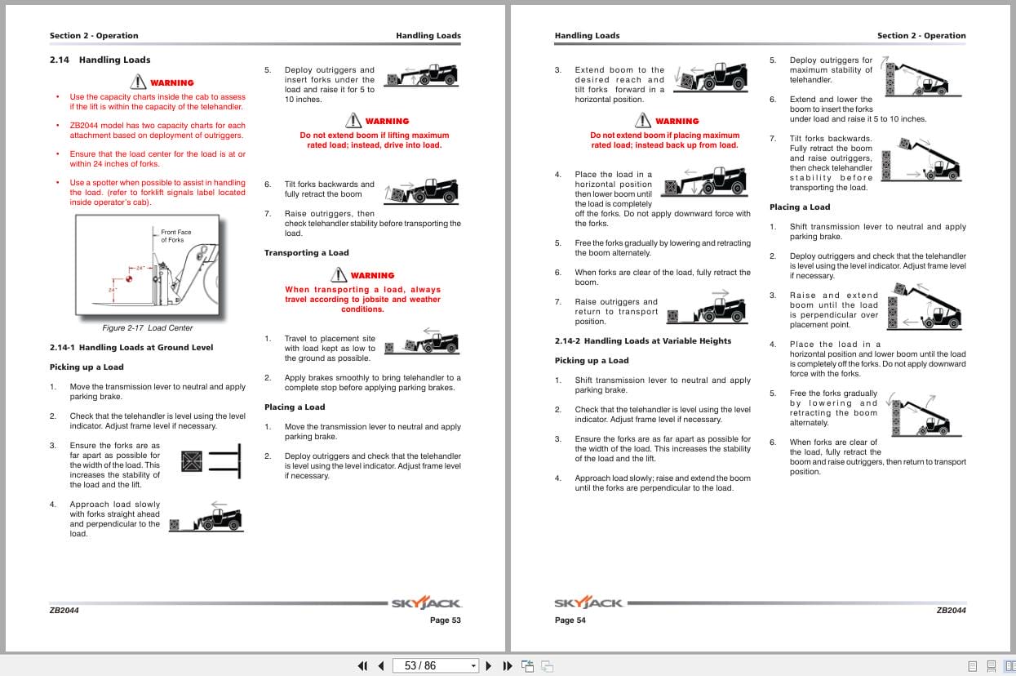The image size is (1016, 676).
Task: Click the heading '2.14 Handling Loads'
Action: click(x=100, y=60)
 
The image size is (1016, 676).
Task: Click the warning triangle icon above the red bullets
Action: click(x=137, y=82)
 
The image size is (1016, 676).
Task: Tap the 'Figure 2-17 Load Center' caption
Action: click(x=147, y=328)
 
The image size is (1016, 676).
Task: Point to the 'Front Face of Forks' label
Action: click(x=175, y=236)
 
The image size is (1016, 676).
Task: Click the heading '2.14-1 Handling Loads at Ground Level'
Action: click(x=131, y=348)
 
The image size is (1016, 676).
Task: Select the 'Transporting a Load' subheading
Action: click(x=306, y=253)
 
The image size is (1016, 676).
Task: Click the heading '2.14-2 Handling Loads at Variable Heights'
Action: click(x=642, y=341)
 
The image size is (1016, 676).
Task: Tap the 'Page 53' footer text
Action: click(x=445, y=620)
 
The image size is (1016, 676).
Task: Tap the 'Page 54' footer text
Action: click(x=570, y=620)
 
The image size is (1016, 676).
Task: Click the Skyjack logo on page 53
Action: click(x=426, y=603)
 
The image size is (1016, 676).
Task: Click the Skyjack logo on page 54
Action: click(x=588, y=603)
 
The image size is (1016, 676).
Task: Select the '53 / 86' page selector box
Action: click(x=436, y=665)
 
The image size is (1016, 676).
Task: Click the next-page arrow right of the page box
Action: click(x=489, y=665)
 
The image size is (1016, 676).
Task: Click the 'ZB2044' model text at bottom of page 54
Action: click(x=951, y=610)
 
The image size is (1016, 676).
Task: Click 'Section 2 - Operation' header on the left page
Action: click(x=94, y=36)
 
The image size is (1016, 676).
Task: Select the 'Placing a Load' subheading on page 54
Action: click(x=799, y=207)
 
